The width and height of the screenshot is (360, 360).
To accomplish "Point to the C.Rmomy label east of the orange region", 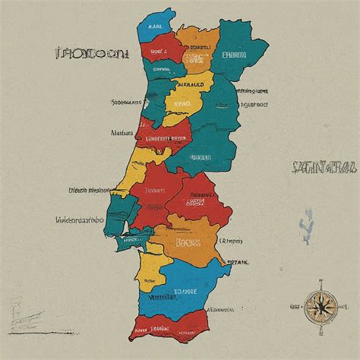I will [x=232, y=241].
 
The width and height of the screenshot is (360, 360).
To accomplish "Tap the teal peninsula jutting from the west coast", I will [x=119, y=209].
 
